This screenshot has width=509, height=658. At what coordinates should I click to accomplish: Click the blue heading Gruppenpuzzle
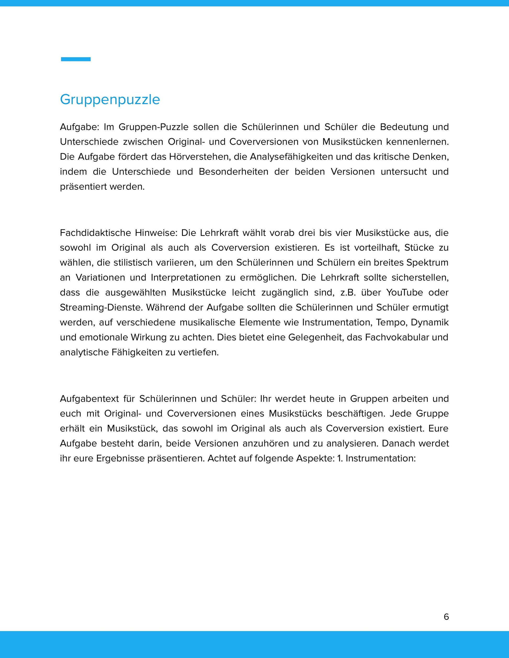click(110, 99)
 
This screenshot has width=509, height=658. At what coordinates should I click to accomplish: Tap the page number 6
click(446, 617)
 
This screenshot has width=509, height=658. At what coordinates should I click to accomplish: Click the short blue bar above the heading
click(76, 59)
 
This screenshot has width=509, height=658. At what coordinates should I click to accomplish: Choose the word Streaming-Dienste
click(101, 308)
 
